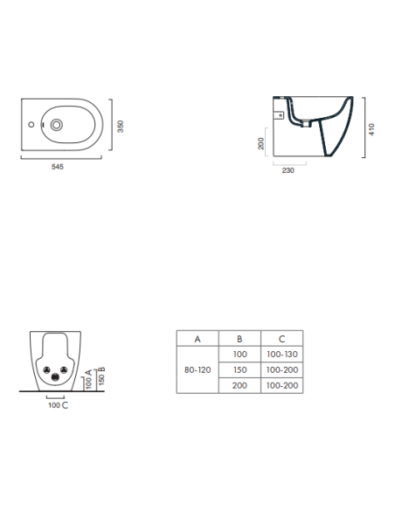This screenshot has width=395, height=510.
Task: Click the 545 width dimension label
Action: [x=58, y=167]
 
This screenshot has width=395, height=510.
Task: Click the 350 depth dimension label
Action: [x=121, y=127]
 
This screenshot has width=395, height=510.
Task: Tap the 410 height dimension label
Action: [x=371, y=129]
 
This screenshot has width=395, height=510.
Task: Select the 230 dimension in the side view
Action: [x=288, y=170]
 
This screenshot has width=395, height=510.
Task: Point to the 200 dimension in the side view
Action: [x=261, y=144]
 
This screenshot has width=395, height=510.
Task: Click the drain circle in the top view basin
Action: [x=56, y=125]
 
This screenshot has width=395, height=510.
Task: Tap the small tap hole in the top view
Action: [x=31, y=124]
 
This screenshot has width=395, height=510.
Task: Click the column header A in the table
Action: [x=197, y=339]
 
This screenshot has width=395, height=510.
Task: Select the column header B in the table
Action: [x=239, y=339]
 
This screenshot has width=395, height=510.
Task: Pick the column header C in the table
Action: [x=281, y=339]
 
